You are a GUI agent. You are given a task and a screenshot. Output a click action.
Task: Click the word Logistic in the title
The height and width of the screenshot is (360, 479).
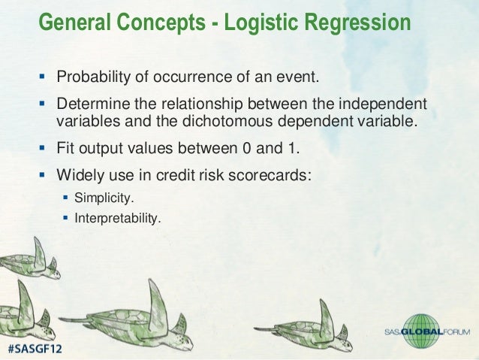(261, 23)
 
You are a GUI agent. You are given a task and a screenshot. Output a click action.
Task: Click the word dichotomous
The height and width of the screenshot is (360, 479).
(227, 121)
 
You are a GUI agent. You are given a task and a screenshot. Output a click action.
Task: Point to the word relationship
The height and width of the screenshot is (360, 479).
(202, 104)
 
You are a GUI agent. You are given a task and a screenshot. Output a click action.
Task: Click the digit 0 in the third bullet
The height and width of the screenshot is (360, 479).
(247, 148)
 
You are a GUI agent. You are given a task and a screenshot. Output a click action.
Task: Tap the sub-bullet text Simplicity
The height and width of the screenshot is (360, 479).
(104, 198)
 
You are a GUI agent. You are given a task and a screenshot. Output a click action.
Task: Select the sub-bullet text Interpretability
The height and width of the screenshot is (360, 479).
(118, 219)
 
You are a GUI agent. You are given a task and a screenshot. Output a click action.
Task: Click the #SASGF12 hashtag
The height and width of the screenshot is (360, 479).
(35, 349)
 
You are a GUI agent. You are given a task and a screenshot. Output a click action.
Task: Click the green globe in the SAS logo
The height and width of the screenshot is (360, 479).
(421, 331)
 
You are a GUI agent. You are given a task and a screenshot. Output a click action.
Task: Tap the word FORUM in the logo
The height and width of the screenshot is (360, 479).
(456, 332)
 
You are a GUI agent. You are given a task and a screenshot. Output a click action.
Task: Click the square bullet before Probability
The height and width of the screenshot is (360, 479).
(42, 76)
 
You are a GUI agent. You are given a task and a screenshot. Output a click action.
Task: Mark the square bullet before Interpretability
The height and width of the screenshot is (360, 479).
(65, 218)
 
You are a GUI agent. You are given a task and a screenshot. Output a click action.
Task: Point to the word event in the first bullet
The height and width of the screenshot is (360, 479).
(297, 77)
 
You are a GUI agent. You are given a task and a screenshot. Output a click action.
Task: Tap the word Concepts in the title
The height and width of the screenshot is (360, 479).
(161, 23)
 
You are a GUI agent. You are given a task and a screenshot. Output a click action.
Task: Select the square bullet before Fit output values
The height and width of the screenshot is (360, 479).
(42, 148)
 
